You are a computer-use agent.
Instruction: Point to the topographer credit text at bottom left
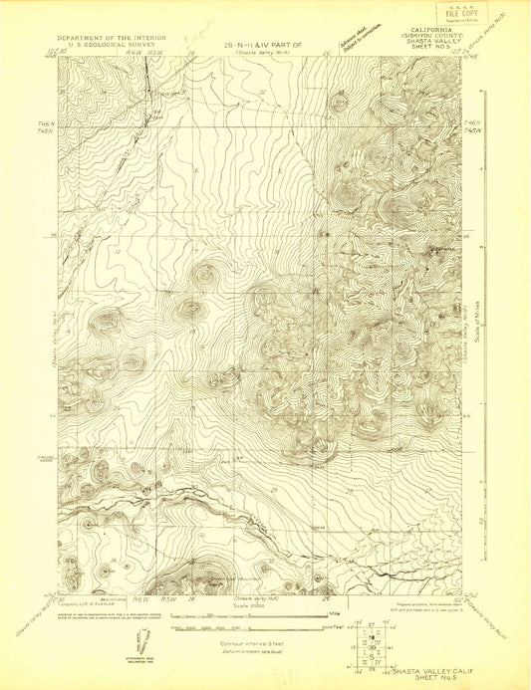[x=94, y=603]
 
